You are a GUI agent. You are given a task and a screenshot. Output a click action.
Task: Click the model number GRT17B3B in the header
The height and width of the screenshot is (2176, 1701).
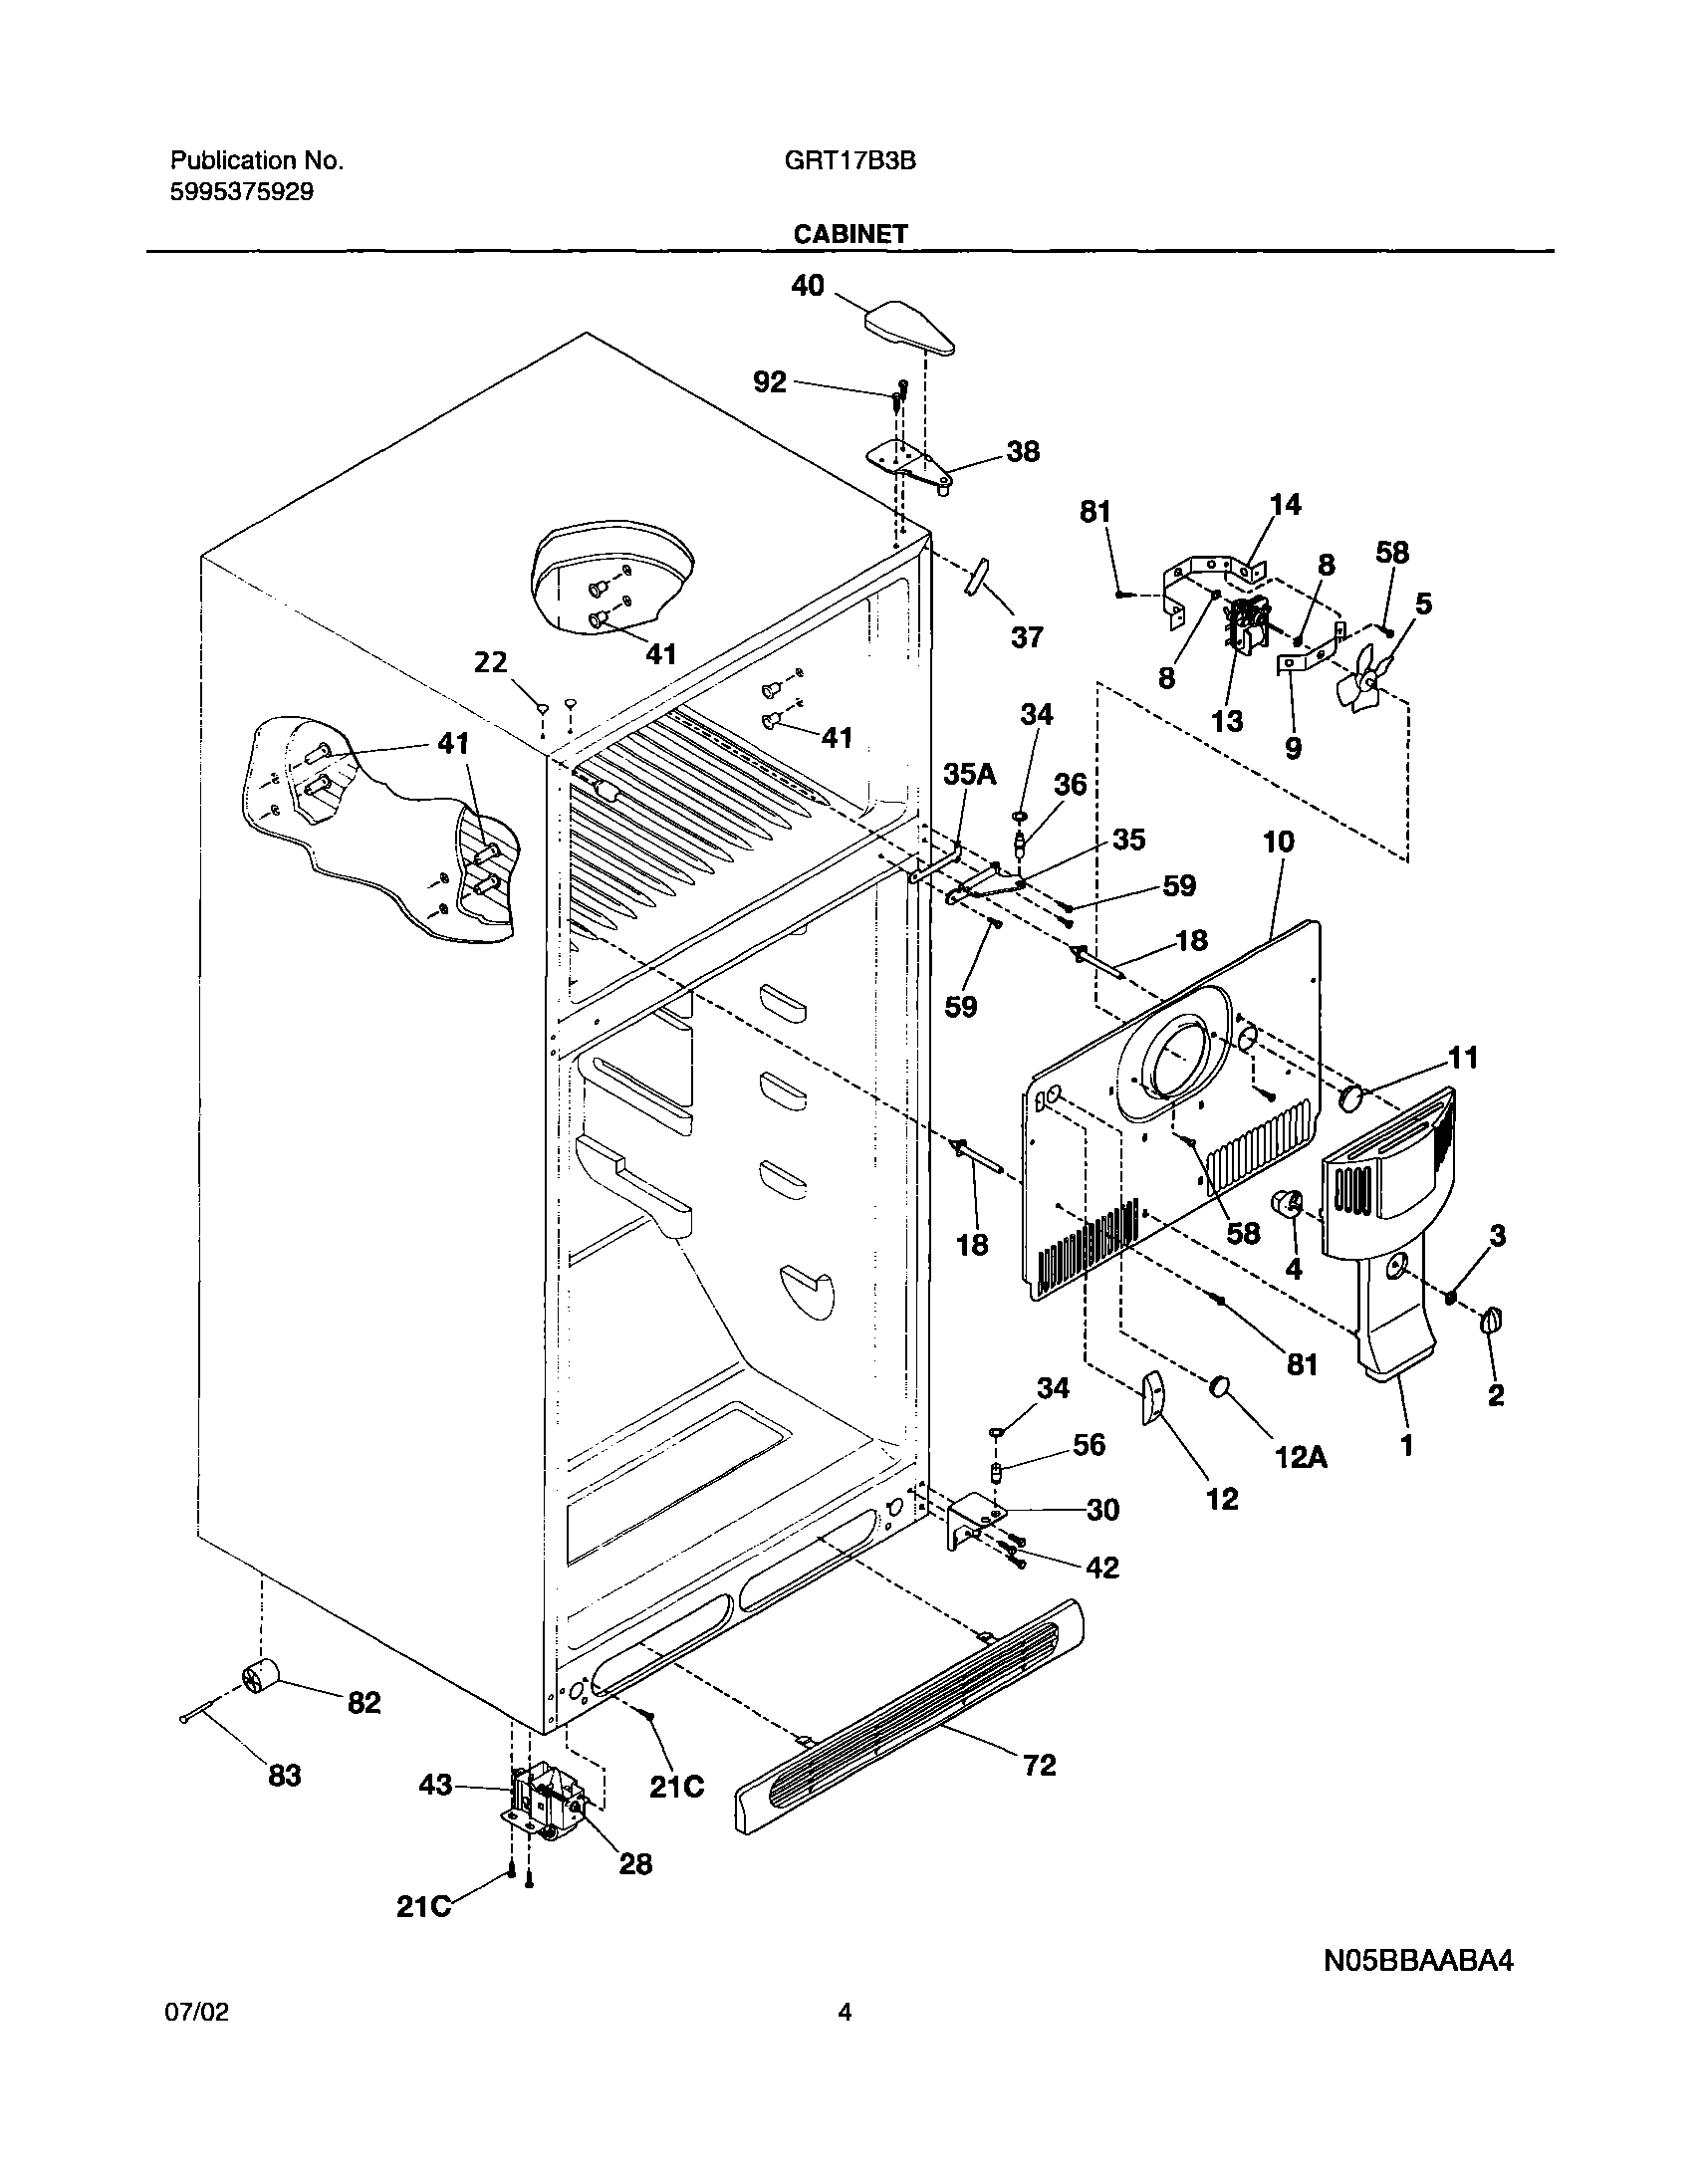pyautogui.click(x=849, y=160)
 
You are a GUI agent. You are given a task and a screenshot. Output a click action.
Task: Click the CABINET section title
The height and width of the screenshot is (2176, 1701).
pyautogui.click(x=850, y=233)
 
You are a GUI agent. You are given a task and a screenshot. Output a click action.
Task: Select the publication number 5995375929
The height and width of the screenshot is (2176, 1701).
pyautogui.click(x=242, y=191)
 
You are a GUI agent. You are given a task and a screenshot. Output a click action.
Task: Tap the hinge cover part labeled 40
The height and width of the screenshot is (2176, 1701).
pyautogui.click(x=908, y=328)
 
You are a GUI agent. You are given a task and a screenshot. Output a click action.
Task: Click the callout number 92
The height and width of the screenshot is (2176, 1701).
pyautogui.click(x=769, y=381)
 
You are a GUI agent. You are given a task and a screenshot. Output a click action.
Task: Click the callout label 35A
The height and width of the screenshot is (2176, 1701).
pyautogui.click(x=969, y=773)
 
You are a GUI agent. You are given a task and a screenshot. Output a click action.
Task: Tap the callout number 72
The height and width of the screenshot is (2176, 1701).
pyautogui.click(x=1039, y=1765)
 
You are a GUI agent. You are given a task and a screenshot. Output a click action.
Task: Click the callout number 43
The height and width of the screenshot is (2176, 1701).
pyautogui.click(x=435, y=1785)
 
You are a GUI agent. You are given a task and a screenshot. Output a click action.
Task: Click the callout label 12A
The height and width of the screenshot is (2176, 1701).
pyautogui.click(x=1301, y=1457)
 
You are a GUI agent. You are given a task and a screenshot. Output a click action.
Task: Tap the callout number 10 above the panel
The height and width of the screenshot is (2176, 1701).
pyautogui.click(x=1279, y=841)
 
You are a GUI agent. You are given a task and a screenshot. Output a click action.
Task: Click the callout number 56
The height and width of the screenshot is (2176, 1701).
pyautogui.click(x=1089, y=1444)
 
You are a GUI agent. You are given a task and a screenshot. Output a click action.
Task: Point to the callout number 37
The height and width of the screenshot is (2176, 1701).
pyautogui.click(x=1027, y=636)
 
